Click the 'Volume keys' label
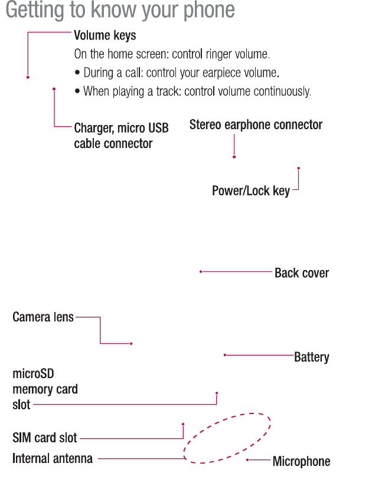[105, 36]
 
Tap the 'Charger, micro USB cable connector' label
[121, 136]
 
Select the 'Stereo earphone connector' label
[256, 125]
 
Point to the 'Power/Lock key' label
[251, 191]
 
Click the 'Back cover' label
[302, 273]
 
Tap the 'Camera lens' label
[43, 317]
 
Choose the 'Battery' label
[312, 357]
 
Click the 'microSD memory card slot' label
[45, 389]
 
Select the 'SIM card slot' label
[45, 438]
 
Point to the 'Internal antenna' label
[53, 458]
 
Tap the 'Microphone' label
[301, 461]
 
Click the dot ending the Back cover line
[201, 272]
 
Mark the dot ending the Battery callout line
[225, 355]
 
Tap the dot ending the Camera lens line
[131, 343]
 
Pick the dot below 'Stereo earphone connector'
[234, 157]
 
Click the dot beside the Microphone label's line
[247, 459]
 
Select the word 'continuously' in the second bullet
[281, 91]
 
